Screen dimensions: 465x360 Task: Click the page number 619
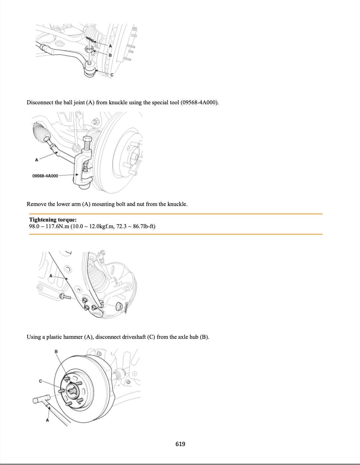pyautogui.click(x=180, y=444)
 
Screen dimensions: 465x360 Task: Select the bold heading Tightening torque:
pyautogui.click(x=53, y=220)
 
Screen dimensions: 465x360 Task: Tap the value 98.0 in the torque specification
pyautogui.click(x=34, y=227)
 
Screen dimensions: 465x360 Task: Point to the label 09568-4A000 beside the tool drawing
pyautogui.click(x=45, y=176)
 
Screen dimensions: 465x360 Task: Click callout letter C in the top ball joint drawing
pyautogui.click(x=112, y=75)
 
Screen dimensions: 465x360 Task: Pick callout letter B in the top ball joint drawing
pyautogui.click(x=110, y=55)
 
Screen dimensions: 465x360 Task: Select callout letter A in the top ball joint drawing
pyautogui.click(x=110, y=46)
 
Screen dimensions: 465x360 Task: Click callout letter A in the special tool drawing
pyautogui.click(x=37, y=160)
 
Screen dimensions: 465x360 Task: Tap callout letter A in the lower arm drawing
pyautogui.click(x=51, y=276)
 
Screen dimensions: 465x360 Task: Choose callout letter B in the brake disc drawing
pyautogui.click(x=56, y=351)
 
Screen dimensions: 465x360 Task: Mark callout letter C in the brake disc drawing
pyautogui.click(x=41, y=381)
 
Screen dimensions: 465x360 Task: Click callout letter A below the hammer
pyautogui.click(x=47, y=420)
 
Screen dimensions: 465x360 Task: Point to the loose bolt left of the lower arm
pyautogui.click(x=65, y=296)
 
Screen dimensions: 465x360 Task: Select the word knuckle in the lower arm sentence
pyautogui.click(x=177, y=204)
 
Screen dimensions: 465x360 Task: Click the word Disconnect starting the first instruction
pyautogui.click(x=40, y=102)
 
